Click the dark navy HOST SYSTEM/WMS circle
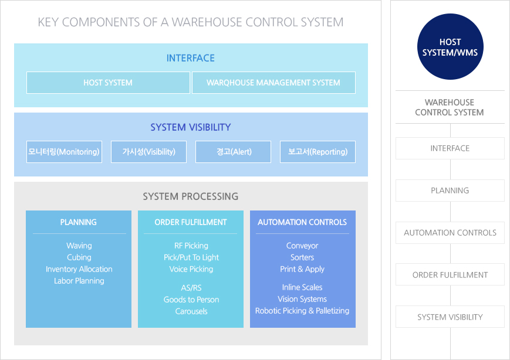(x=450, y=46)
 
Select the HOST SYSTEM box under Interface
(x=108, y=83)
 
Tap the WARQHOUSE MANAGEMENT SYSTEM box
(x=273, y=83)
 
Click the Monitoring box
(x=64, y=152)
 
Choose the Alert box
(x=233, y=152)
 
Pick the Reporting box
(x=318, y=152)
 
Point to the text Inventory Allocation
(x=79, y=269)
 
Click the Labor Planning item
(x=79, y=281)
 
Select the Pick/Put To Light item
(x=191, y=257)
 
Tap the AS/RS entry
(x=191, y=288)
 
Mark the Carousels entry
(x=191, y=311)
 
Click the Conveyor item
(x=302, y=246)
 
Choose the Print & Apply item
(x=302, y=269)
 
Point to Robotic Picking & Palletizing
(x=302, y=311)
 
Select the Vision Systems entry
(x=302, y=299)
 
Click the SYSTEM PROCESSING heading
(x=191, y=196)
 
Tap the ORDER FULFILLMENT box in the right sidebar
(x=450, y=274)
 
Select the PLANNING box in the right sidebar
(x=450, y=191)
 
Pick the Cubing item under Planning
(x=79, y=257)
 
